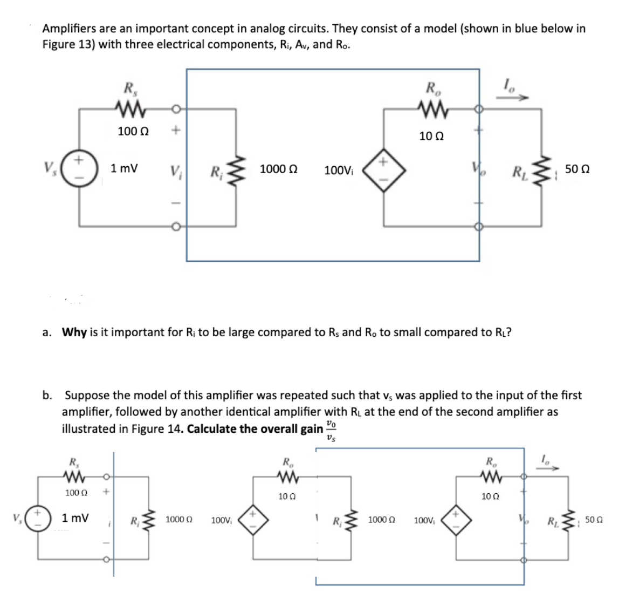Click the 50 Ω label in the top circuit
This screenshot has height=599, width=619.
577,169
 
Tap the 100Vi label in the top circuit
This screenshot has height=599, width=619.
339,171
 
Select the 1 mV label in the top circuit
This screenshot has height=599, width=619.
124,168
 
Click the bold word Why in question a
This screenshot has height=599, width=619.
74,332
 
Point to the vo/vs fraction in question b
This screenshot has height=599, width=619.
331,430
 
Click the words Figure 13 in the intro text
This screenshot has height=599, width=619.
67,44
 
